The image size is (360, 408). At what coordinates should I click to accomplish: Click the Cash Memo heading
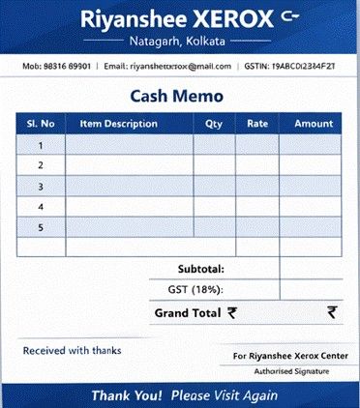[176, 96]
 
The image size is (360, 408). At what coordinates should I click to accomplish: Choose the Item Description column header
[118, 124]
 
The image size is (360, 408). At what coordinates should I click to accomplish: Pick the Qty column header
[214, 124]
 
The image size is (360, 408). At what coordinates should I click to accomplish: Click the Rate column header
[257, 124]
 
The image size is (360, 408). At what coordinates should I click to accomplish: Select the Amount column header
[314, 124]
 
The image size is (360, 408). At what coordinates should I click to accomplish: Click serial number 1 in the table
[41, 145]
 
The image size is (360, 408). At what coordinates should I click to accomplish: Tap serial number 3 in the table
[41, 186]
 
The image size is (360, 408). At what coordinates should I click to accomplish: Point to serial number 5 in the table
[41, 227]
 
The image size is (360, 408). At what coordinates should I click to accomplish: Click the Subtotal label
[200, 269]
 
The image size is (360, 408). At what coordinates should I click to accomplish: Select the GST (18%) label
[195, 289]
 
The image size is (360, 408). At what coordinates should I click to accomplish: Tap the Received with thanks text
[65, 350]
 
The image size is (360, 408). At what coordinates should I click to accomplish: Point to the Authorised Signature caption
[290, 371]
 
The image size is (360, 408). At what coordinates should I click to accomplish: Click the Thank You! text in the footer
[127, 395]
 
